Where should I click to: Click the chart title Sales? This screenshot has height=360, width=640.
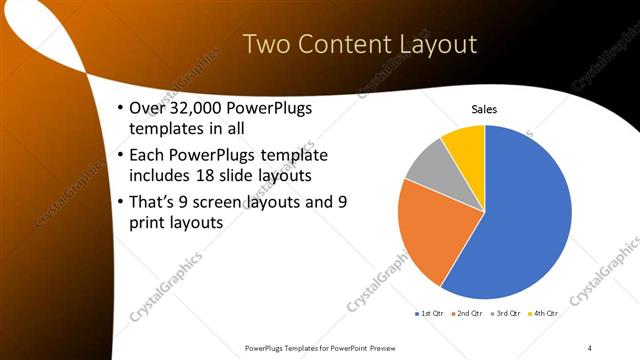(x=484, y=109)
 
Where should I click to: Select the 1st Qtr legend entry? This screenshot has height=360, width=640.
(x=431, y=314)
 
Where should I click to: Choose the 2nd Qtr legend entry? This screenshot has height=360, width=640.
(x=469, y=314)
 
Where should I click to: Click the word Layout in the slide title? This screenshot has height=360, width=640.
(x=432, y=44)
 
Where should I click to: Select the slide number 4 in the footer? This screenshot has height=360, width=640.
(x=590, y=348)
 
